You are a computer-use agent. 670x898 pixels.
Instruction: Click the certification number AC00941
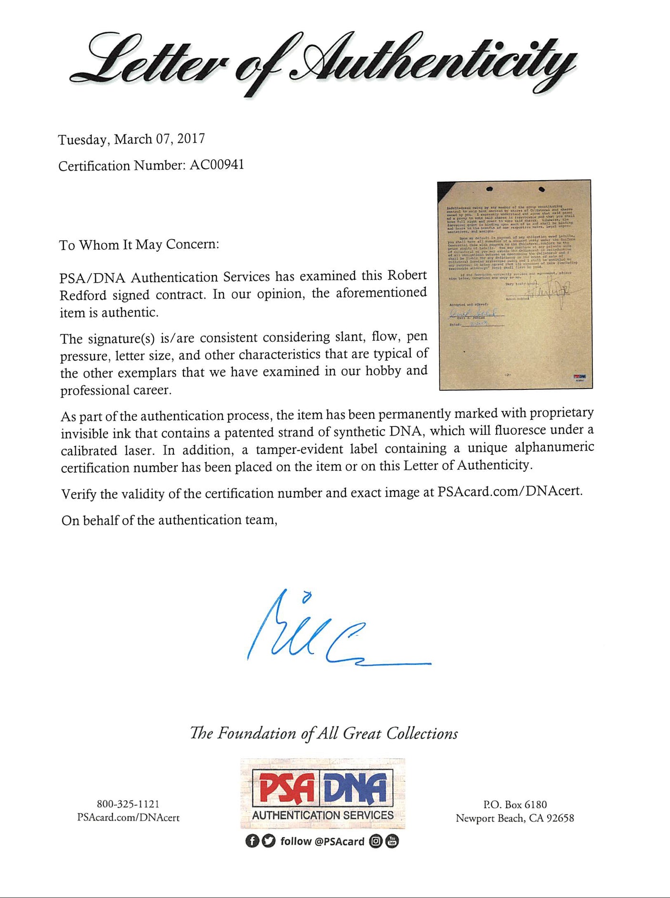tap(217, 165)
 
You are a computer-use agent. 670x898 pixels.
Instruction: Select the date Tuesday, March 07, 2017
tap(132, 139)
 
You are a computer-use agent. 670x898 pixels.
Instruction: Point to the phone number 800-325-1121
tap(128, 804)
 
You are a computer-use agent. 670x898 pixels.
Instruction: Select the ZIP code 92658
tap(560, 818)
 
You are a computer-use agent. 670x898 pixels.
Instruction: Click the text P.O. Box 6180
tap(515, 805)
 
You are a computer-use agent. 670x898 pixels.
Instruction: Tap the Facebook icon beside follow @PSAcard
tap(252, 841)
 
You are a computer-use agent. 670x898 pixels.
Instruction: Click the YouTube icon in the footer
tap(393, 841)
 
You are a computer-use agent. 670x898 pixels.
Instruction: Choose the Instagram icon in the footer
tap(376, 841)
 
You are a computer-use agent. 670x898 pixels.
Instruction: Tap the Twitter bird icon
tap(269, 841)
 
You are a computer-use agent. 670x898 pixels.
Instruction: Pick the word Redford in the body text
tap(83, 296)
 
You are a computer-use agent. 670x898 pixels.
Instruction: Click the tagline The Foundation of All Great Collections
tap(324, 733)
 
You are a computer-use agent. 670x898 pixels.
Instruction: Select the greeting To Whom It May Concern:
tap(139, 245)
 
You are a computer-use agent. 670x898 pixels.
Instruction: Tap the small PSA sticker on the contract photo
tap(580, 377)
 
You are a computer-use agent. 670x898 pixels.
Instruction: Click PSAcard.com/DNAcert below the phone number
tap(128, 817)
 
